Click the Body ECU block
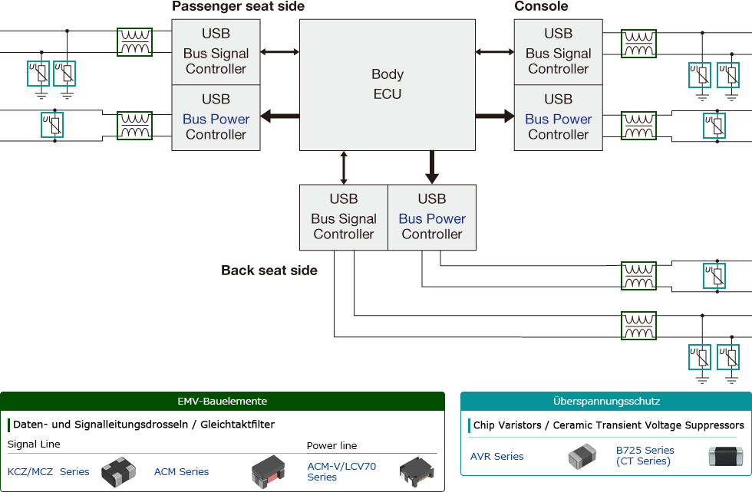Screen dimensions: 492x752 pyautogui.click(x=387, y=84)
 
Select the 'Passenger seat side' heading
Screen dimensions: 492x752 pyautogui.click(x=238, y=7)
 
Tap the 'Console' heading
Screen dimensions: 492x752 pyautogui.click(x=541, y=7)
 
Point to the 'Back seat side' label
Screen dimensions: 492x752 pyautogui.click(x=269, y=271)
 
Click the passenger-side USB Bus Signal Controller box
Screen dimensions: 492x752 pyautogui.click(x=216, y=51)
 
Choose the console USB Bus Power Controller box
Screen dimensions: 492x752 pyautogui.click(x=558, y=118)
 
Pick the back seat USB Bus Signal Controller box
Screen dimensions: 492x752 pyautogui.click(x=343, y=217)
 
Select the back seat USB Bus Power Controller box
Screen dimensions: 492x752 pyautogui.click(x=432, y=217)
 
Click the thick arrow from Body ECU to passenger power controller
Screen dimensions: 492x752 pyautogui.click(x=279, y=116)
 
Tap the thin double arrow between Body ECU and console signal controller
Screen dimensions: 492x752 pyautogui.click(x=495, y=51)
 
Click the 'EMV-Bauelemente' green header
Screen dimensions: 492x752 pyautogui.click(x=222, y=401)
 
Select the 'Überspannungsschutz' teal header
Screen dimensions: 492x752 pyautogui.click(x=605, y=401)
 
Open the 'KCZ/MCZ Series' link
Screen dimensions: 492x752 pyautogui.click(x=48, y=472)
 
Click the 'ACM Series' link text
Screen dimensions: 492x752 pyautogui.click(x=181, y=472)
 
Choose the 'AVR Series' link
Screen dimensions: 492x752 pyautogui.click(x=496, y=457)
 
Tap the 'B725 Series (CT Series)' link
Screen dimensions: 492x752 pyautogui.click(x=645, y=456)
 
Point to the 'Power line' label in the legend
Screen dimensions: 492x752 pyautogui.click(x=331, y=446)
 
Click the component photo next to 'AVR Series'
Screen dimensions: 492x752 pyautogui.click(x=582, y=457)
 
